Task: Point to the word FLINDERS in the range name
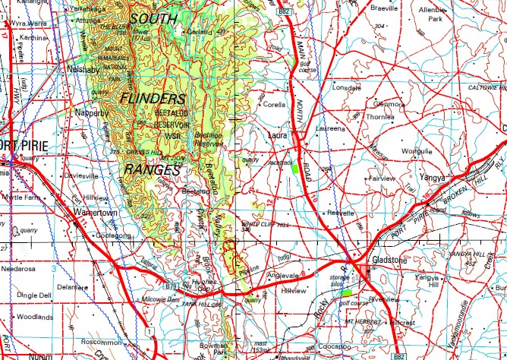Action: click(153, 99)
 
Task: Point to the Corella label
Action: click(273, 106)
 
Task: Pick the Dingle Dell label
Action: click(35, 295)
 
